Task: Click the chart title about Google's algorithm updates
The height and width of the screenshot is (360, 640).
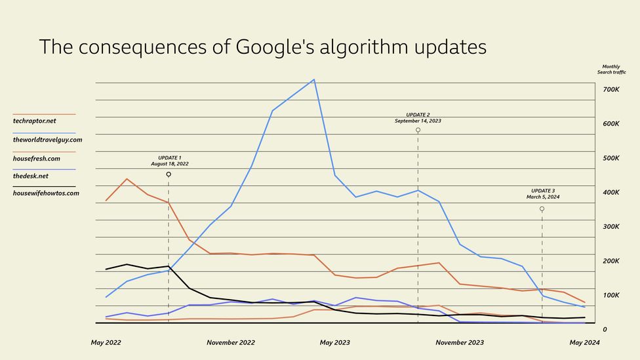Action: point(262,47)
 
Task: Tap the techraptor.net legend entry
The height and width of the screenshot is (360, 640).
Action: point(34,121)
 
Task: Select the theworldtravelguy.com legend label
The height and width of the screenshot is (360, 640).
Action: point(48,140)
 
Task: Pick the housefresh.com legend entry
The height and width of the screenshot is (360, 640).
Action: point(37,158)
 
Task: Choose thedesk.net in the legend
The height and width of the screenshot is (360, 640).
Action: point(31,176)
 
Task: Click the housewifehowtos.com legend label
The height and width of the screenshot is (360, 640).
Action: point(46,193)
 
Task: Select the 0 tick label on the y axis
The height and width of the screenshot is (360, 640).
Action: point(605,329)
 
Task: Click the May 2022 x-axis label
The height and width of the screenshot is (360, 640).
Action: point(106,342)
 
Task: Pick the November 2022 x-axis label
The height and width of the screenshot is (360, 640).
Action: point(231,342)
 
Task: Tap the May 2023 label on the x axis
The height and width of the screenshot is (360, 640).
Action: point(334,342)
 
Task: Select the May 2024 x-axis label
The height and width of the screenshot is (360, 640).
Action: point(584,342)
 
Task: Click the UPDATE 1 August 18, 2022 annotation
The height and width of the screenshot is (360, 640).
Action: point(170,161)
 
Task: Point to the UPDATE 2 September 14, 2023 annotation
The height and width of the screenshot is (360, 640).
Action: point(418,117)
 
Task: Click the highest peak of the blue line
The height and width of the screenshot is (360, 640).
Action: point(314,80)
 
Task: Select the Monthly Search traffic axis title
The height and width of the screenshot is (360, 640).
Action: point(610,69)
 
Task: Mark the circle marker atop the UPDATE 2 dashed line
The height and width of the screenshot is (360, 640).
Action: point(418,130)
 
